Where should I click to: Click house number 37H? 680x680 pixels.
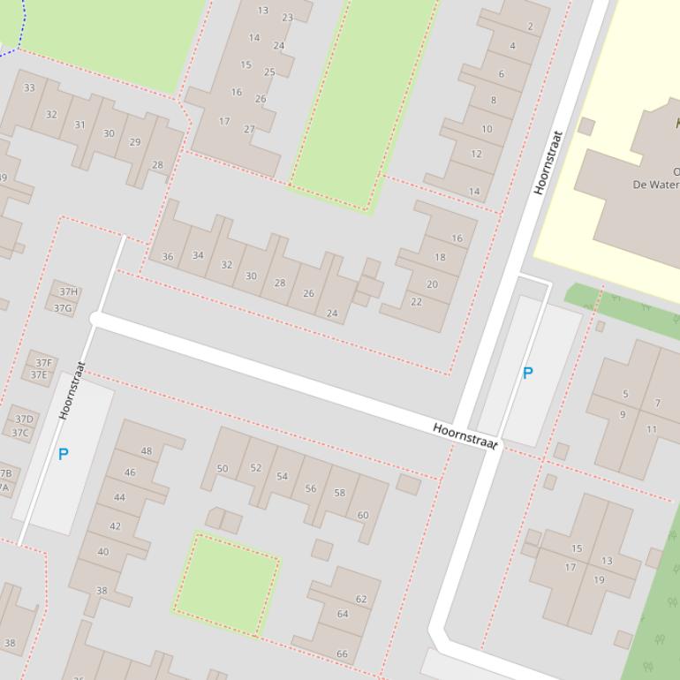pos(68,291)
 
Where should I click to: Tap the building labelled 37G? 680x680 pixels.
pos(63,308)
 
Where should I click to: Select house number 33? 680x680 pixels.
pos(29,87)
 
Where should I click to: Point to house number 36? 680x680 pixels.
pos(168,257)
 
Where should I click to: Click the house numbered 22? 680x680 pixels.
pos(416,301)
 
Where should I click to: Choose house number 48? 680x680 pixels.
pos(146,450)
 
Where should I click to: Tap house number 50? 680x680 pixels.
pos(223,469)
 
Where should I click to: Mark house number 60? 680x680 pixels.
pos(363,515)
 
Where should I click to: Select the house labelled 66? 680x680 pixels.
pos(342,654)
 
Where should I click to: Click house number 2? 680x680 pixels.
pos(531,26)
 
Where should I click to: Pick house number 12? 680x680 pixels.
pos(476,154)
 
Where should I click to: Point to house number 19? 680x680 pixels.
pos(600,580)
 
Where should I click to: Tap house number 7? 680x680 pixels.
pos(657,403)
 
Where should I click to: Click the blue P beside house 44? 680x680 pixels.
pos(64,454)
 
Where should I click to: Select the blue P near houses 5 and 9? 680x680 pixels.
pos(528,373)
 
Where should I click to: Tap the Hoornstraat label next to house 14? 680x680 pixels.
pos(548,162)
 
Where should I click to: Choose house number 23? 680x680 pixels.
pos(287,18)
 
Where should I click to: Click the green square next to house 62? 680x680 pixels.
pos(226,583)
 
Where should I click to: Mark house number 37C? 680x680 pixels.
pos(19,433)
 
